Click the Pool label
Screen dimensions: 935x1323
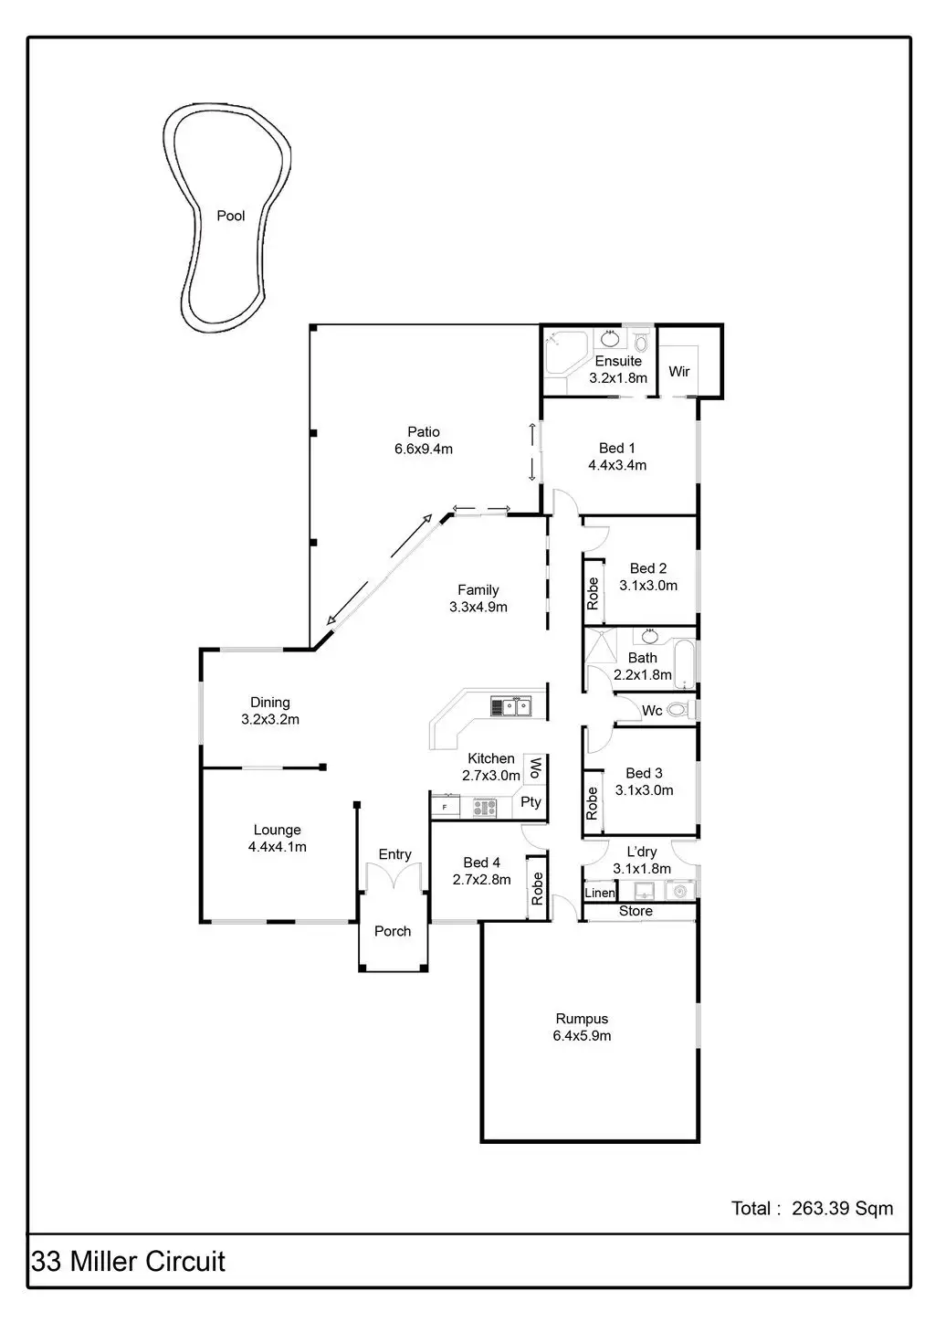(230, 217)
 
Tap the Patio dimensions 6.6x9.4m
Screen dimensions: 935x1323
(423, 449)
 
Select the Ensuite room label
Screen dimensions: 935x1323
(618, 361)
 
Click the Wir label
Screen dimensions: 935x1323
(678, 372)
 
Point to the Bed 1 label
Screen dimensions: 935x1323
(616, 448)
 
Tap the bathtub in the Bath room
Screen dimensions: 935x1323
(683, 664)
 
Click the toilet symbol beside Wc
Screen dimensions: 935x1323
(678, 710)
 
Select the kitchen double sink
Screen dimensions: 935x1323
(510, 706)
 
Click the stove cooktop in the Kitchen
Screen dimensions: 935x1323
(484, 807)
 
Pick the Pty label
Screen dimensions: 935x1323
(531, 802)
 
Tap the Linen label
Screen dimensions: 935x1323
(600, 893)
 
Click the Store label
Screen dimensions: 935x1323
(636, 911)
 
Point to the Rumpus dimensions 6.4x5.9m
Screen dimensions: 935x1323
(582, 1036)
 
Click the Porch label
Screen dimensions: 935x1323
(393, 931)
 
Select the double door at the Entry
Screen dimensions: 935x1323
(394, 879)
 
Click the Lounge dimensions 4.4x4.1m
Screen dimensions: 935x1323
(277, 847)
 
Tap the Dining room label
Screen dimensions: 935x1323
(270, 703)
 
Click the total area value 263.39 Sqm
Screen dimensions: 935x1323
(842, 1209)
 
